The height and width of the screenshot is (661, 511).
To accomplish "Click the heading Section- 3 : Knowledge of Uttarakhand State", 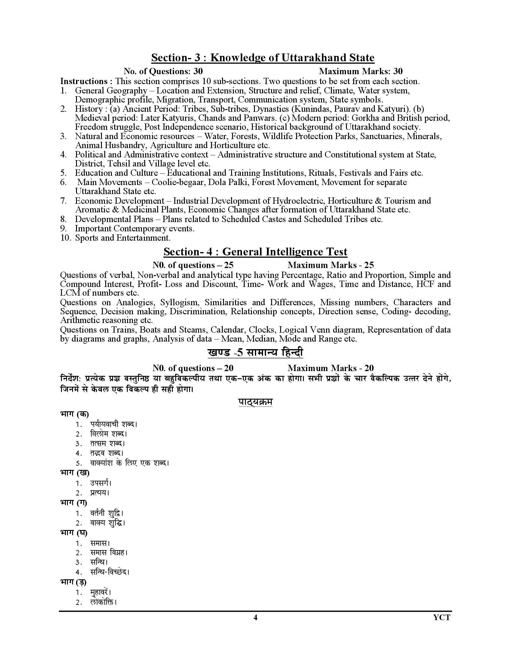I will click(x=262, y=58).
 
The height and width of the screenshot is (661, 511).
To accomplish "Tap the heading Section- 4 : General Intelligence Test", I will click(x=255, y=252).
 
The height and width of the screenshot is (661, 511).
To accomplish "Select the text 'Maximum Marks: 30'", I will click(x=360, y=72).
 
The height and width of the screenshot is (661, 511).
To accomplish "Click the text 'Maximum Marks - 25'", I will click(x=331, y=265).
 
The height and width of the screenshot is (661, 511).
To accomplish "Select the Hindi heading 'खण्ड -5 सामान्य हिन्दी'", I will click(x=255, y=353).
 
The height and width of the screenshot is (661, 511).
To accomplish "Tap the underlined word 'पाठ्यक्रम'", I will click(x=255, y=402).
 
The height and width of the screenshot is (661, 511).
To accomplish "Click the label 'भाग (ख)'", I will click(x=75, y=472).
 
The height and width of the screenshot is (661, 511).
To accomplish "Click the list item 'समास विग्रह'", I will click(x=109, y=553).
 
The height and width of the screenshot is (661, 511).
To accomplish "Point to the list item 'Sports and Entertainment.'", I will click(x=123, y=238).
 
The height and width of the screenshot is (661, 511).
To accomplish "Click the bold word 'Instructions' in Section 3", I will click(x=84, y=81).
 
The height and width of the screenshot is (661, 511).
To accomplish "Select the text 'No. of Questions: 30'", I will click(x=163, y=72).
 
